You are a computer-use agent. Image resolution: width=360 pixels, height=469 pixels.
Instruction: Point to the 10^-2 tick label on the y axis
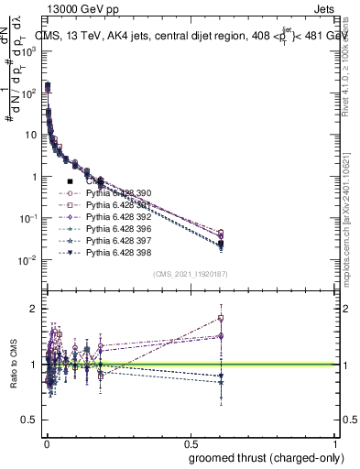tap(29, 260)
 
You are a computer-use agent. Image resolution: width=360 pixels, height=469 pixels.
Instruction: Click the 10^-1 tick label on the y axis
tap(29, 218)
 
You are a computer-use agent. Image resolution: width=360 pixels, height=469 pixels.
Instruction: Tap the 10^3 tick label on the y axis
tap(29, 51)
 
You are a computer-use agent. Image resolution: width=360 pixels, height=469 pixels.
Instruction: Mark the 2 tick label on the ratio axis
tap(36, 309)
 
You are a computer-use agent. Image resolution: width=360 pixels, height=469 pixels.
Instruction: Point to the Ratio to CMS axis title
tap(12, 364)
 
